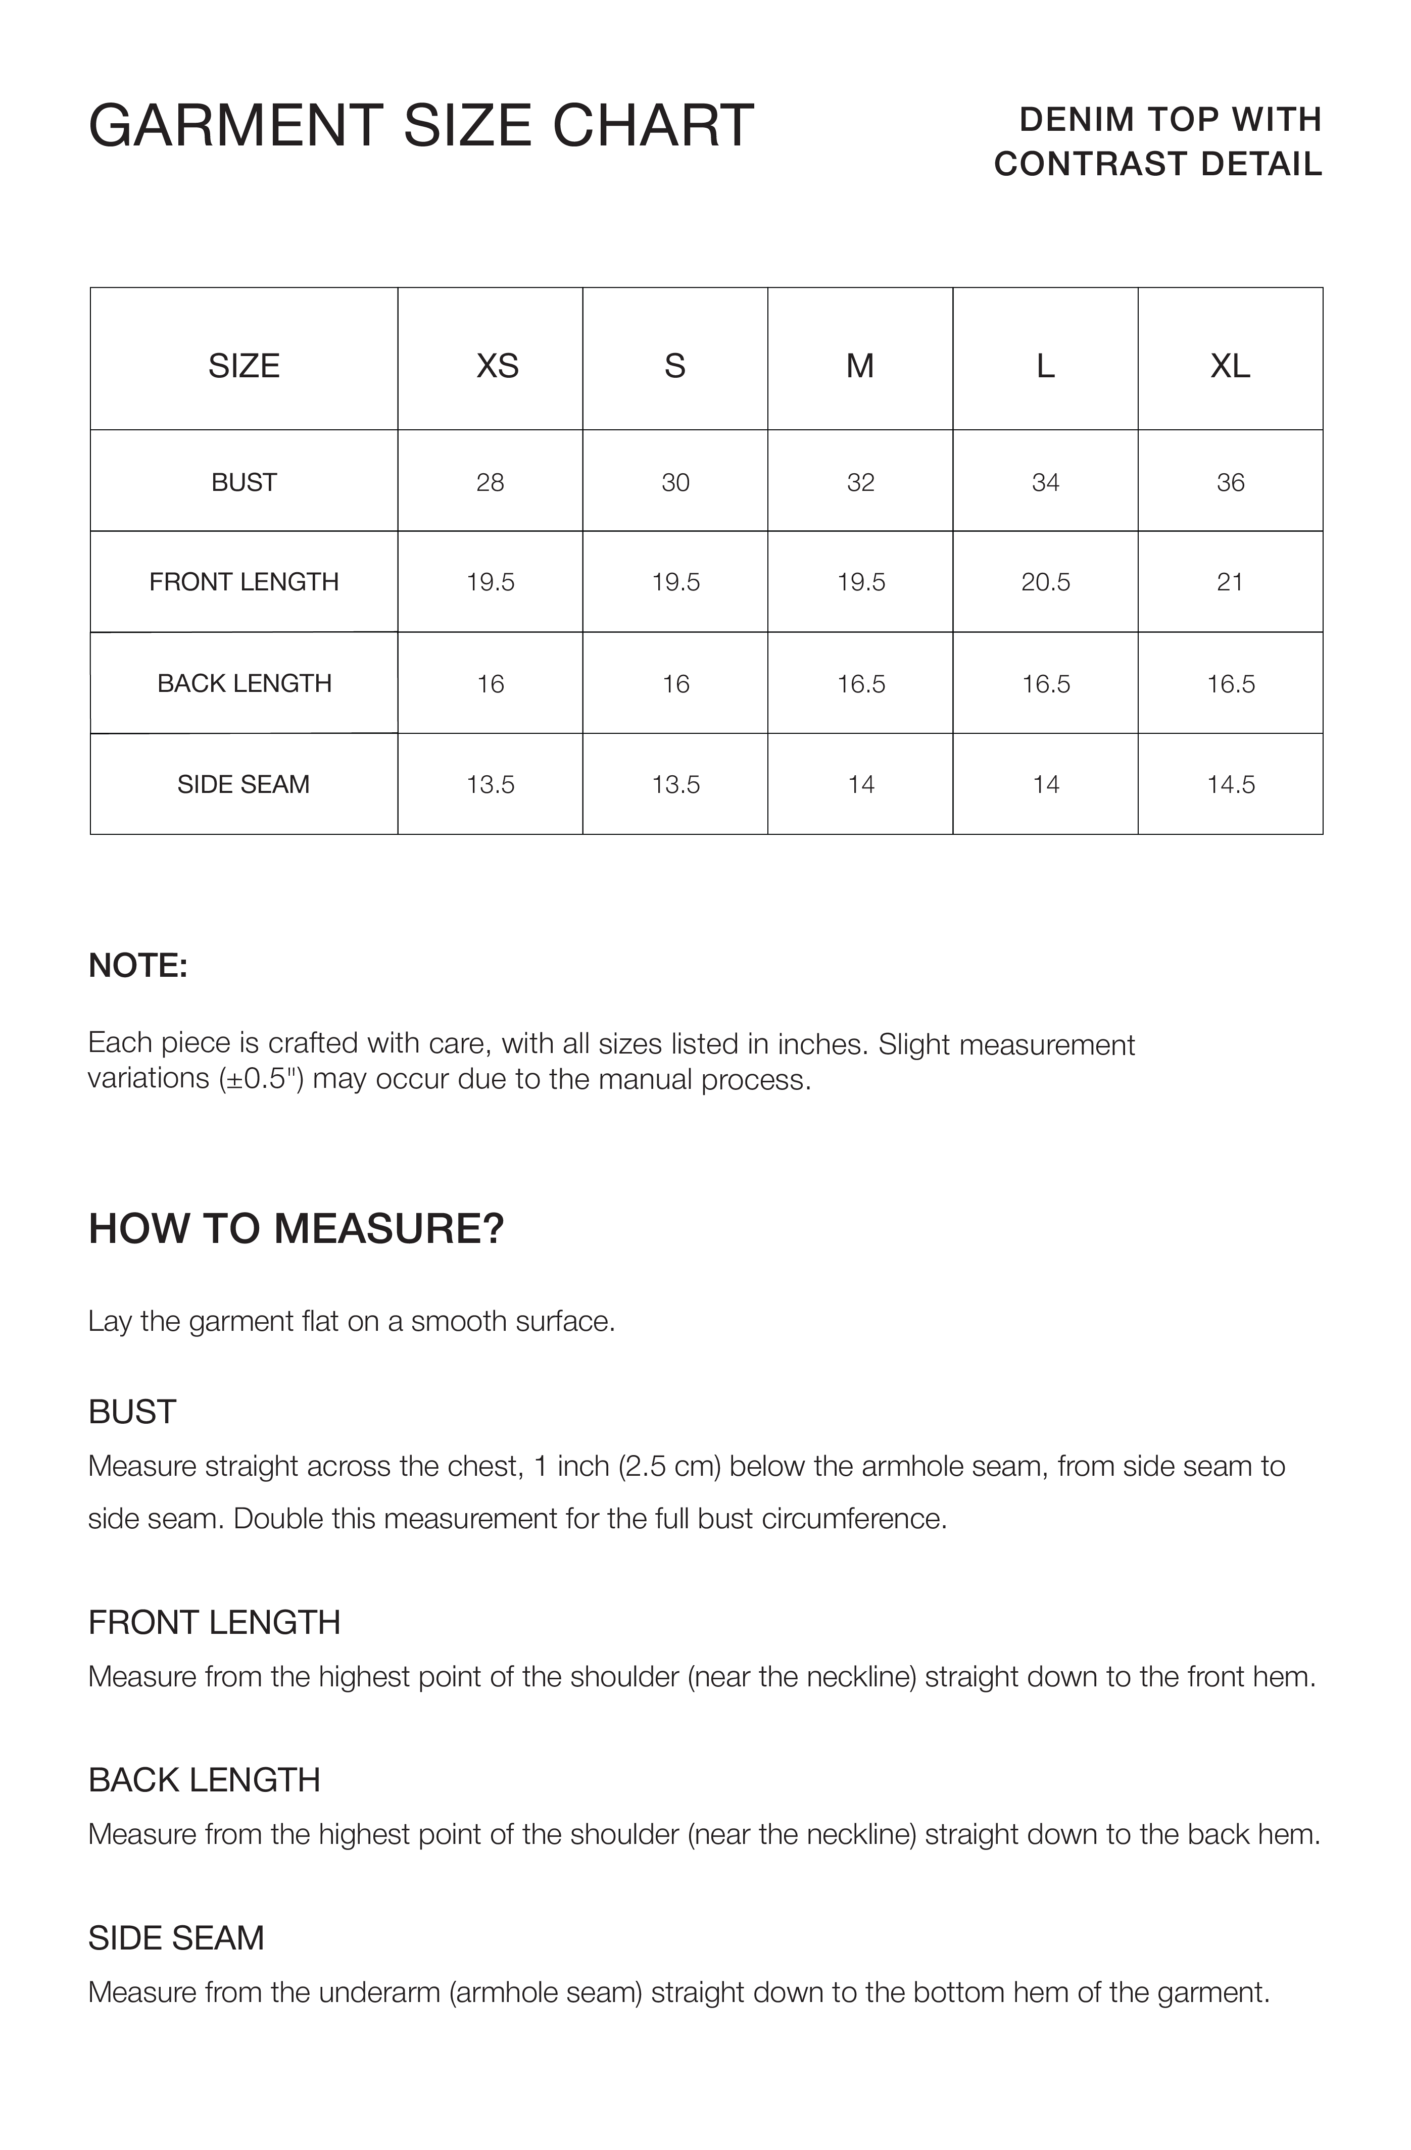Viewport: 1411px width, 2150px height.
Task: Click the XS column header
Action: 497,366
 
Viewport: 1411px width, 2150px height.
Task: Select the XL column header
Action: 1230,366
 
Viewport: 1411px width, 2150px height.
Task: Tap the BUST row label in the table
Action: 244,482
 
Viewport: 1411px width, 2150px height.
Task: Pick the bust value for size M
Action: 860,482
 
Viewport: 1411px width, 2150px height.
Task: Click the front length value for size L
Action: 1045,582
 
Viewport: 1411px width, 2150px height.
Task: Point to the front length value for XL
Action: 1230,582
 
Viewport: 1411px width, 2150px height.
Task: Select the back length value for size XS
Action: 491,684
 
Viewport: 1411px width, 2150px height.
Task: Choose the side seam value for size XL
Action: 1230,784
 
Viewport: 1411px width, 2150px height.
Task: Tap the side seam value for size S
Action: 675,784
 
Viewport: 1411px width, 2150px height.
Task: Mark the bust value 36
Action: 1230,482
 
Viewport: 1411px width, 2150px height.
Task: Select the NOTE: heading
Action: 137,966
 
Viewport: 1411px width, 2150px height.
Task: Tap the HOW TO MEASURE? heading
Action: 296,1229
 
